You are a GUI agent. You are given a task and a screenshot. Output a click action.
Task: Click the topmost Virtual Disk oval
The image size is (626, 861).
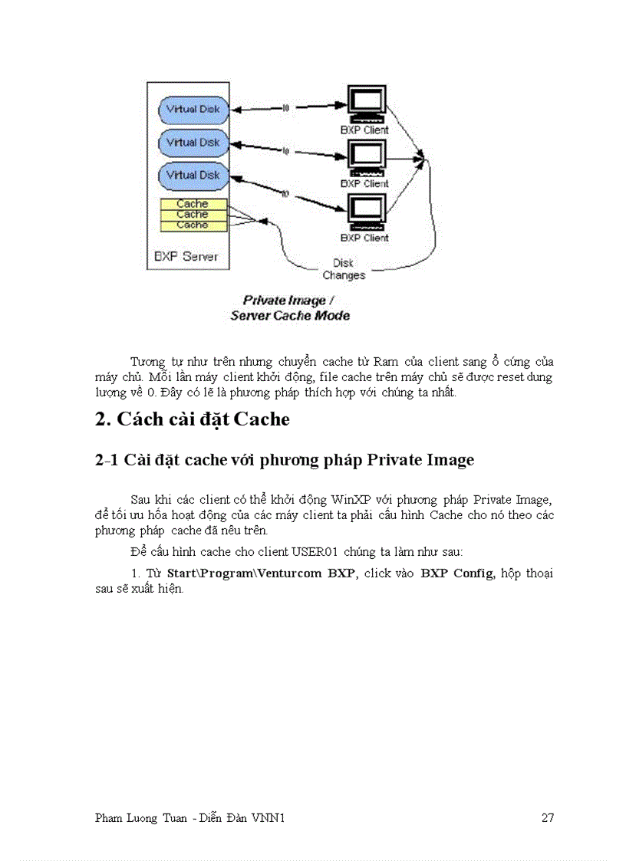[x=192, y=109]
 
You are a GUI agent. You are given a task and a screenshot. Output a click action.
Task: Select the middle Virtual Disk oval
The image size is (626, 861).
[x=192, y=143]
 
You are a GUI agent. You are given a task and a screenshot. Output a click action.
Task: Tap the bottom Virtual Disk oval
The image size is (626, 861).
[x=192, y=176]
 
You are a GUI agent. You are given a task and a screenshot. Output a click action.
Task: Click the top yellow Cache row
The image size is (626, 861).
[x=193, y=204]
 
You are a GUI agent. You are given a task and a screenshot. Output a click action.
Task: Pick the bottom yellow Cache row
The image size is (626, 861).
[x=193, y=225]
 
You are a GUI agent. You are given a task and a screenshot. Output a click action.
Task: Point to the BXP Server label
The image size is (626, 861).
[x=186, y=256]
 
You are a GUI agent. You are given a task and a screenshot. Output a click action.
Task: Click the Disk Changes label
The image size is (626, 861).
[x=344, y=269]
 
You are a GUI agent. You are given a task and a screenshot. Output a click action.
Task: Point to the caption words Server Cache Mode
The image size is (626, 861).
[x=290, y=315]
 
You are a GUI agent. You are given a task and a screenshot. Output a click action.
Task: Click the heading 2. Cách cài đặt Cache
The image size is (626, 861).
[x=192, y=419]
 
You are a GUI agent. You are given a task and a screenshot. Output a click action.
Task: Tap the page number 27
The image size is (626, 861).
[x=547, y=818]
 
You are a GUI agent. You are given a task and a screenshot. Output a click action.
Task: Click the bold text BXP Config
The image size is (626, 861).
[x=456, y=573]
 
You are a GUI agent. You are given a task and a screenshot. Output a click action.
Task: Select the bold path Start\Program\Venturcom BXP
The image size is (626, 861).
[x=262, y=573]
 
